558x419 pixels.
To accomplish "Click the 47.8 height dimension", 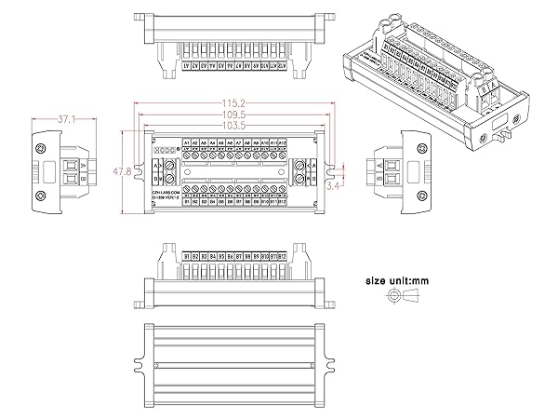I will coord(113,172).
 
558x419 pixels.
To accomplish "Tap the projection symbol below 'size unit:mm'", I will coord(403,297).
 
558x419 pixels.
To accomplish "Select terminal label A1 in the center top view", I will coord(187,142).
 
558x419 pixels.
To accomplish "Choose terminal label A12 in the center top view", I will coord(282,142).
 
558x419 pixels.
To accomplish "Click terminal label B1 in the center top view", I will coord(187,201).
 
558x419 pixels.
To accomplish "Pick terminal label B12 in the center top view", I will coord(282,201).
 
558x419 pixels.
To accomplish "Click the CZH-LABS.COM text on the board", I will coord(165,188).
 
